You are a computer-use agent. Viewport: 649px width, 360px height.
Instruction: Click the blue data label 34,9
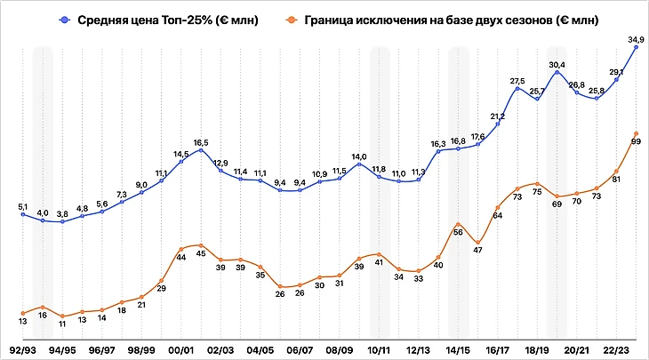636,39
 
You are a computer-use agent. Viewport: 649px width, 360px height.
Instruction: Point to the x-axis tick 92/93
23,350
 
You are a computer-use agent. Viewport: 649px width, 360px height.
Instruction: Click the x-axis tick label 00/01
181,350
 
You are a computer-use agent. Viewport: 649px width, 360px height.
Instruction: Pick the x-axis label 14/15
459,350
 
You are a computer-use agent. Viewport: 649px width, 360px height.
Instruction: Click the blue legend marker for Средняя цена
66,19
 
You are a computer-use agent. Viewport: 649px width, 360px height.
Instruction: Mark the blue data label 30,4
557,65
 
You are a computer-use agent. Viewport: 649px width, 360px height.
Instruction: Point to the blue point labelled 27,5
517,89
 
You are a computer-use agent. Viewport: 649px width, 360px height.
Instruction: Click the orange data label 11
63,325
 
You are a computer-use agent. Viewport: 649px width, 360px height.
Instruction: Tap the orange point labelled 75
538,180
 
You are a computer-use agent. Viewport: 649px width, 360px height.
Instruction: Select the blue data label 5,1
24,206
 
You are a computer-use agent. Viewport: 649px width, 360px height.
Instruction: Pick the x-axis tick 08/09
340,350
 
